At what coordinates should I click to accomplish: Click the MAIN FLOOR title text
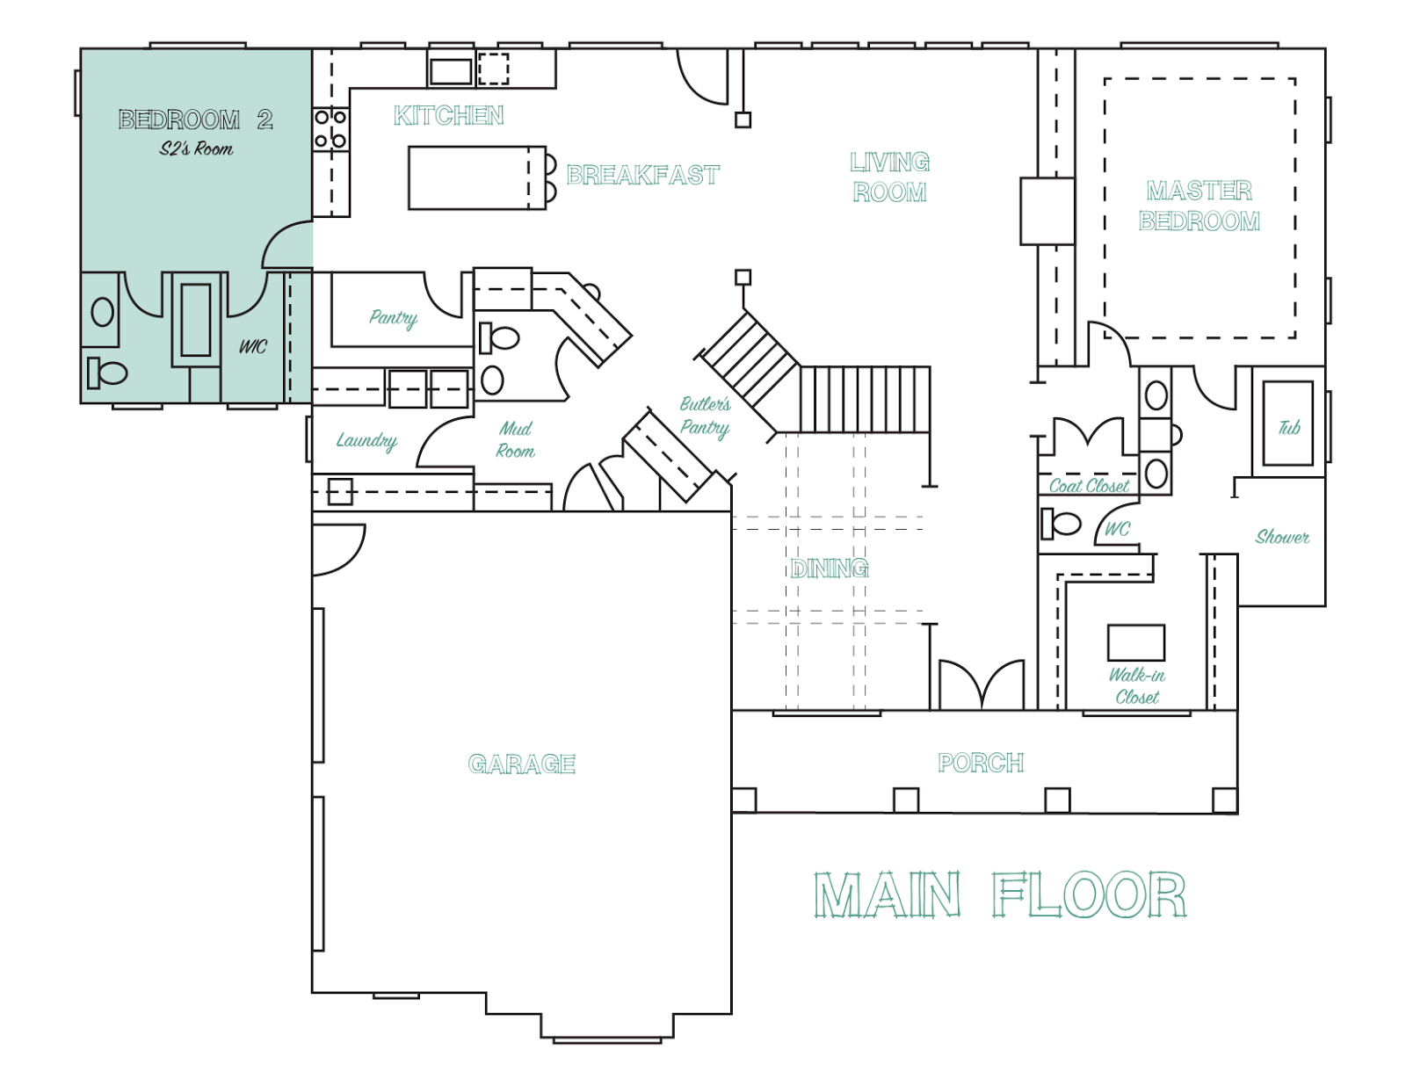1000,896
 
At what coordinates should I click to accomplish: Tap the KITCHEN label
448,116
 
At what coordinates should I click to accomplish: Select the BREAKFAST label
642,175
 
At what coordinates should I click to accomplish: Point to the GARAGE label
521,764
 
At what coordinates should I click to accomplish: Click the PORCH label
981,763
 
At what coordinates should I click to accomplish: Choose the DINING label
829,568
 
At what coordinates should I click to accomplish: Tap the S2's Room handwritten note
196,149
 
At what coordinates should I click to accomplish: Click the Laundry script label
366,441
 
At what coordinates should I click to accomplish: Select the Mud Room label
515,439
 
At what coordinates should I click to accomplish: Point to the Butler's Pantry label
705,416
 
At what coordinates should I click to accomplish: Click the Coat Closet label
1089,486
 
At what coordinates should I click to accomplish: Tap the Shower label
1282,537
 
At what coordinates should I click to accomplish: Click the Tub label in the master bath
1289,427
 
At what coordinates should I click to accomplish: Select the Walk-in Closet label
1137,685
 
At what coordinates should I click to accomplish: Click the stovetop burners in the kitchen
330,129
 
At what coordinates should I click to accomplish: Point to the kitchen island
477,177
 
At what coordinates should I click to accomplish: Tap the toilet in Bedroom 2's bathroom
106,373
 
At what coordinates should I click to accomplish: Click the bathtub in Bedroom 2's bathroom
195,320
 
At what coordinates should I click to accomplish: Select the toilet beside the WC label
1061,524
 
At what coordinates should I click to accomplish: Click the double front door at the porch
982,684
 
